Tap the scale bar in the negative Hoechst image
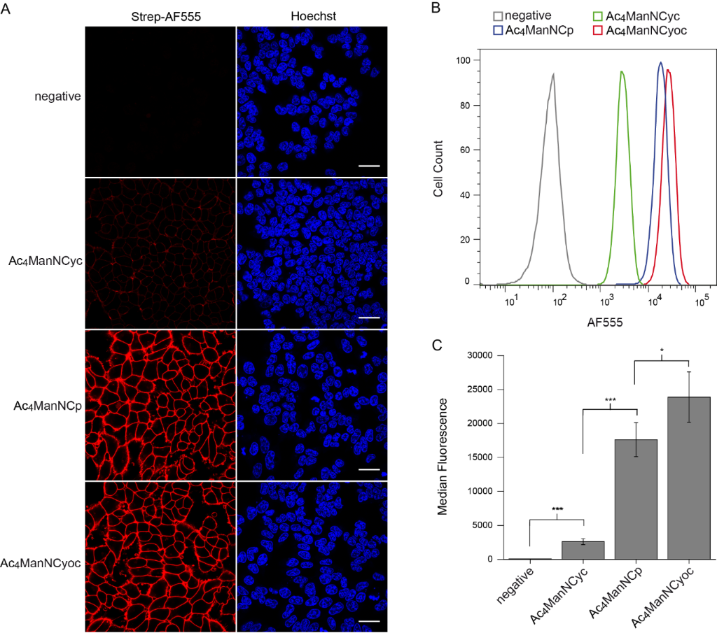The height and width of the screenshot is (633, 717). (x=369, y=166)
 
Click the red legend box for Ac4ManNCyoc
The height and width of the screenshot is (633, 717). (x=597, y=31)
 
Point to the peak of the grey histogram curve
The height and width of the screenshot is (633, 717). (x=553, y=74)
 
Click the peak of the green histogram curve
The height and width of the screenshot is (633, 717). (x=622, y=71)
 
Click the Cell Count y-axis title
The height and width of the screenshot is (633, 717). (x=438, y=168)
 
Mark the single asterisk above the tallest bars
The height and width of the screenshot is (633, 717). (x=662, y=350)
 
